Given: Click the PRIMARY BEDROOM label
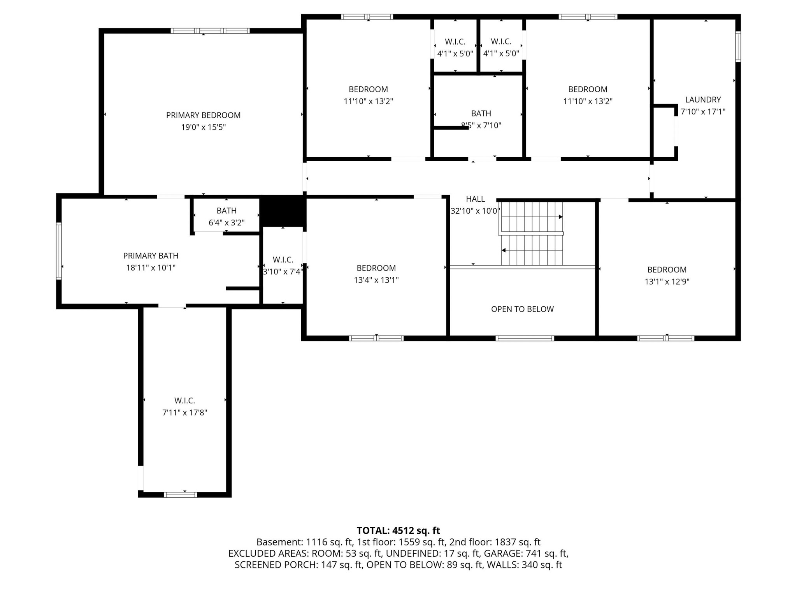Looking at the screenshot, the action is (203, 115).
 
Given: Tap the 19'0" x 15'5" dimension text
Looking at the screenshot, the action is (203, 127).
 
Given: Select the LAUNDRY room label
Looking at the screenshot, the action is (703, 100).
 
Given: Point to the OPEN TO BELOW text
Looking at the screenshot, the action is (522, 309).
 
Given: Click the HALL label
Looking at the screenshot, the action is (476, 199).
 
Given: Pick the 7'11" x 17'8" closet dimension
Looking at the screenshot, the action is (184, 413).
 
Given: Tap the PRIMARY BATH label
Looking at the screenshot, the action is (151, 256).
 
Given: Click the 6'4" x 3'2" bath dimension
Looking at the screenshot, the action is (226, 223).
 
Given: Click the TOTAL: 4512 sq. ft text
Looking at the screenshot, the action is (398, 531).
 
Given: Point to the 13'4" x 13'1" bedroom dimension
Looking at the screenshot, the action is (376, 280).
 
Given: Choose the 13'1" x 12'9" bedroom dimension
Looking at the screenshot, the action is (667, 281).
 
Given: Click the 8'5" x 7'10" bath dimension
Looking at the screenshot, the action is (481, 125).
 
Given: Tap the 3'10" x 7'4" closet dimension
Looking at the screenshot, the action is (283, 272).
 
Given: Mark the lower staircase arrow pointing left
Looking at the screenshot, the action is (532, 250).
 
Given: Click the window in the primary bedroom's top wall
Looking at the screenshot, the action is (210, 31).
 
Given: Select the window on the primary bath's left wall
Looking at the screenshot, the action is (59, 251).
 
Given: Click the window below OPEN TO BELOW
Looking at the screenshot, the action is (525, 338).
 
